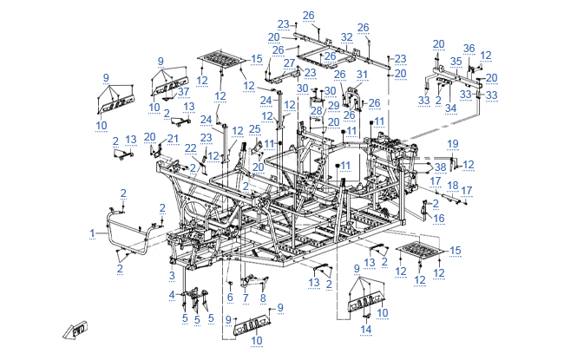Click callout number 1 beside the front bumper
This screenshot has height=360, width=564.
93,232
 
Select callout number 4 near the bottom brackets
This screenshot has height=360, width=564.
171,296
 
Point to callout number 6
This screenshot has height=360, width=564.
230,297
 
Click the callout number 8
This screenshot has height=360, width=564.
263,298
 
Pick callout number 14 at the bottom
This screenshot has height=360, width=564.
366,329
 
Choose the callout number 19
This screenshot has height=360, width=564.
452,142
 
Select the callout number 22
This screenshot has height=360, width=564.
190,148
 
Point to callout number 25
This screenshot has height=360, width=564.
254,128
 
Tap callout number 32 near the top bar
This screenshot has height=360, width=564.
347,36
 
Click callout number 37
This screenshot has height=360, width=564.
183,92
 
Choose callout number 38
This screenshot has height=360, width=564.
440,167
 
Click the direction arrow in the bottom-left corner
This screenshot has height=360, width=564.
75,329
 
